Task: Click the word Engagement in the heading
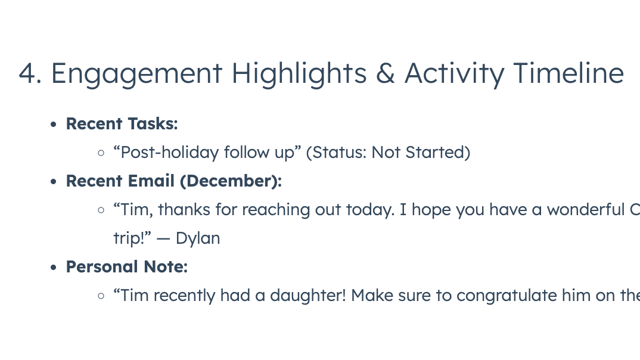pos(136,75)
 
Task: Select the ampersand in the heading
pos(386,73)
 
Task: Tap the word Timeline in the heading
pos(568,73)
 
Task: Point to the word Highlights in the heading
pos(299,75)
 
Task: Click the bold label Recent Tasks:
pos(122,123)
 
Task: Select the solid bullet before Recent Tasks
pos(54,125)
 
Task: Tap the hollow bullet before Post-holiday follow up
pos(101,153)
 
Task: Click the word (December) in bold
pos(231,181)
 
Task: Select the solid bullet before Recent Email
pos(54,182)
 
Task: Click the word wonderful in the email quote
pos(586,209)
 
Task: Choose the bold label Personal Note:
pos(127,266)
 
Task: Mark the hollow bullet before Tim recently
pos(101,296)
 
